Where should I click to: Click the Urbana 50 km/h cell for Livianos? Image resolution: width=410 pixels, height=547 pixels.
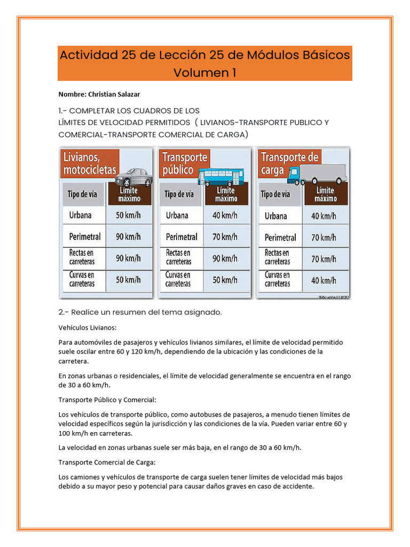pos(128,216)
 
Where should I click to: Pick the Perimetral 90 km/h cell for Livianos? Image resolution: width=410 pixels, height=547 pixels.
pos(128,236)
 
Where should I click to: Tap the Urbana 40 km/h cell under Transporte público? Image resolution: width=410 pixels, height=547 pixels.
pos(225,216)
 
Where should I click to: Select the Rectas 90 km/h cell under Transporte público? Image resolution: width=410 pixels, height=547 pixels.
pos(225,258)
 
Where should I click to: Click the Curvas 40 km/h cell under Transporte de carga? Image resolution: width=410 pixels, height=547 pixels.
pos(325,280)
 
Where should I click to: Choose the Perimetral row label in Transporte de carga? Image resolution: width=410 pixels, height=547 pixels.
pos(280,237)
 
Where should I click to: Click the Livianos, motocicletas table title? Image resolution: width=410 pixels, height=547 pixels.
pos(89,163)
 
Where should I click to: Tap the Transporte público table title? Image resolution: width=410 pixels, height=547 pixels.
pos(184,163)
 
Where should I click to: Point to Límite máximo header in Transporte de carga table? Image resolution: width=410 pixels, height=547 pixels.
pos(325,194)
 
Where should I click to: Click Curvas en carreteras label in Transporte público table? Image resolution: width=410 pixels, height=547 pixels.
pos(178,279)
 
